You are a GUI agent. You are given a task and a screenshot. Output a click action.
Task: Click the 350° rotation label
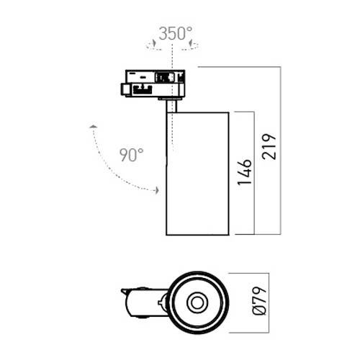176,33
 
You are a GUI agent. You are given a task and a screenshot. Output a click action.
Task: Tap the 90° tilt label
132,155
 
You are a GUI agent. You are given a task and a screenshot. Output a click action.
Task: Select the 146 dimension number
245,172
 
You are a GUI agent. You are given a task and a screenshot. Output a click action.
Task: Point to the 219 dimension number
269,147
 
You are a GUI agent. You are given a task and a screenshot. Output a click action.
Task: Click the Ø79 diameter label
259,300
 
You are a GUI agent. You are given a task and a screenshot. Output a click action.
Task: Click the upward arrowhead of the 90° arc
93,127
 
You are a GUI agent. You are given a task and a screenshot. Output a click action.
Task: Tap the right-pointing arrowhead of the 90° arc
157,190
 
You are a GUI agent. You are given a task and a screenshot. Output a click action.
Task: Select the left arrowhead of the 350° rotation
154,42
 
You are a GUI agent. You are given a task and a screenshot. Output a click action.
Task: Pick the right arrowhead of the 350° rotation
190,42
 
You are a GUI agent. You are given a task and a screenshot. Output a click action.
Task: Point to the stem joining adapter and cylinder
171,106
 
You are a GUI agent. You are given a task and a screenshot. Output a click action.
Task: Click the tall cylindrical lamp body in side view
197,174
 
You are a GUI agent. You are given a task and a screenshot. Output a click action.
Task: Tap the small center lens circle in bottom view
197,303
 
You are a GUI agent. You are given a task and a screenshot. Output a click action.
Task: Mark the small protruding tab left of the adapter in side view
124,89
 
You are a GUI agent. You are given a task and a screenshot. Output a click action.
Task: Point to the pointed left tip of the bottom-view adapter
122,290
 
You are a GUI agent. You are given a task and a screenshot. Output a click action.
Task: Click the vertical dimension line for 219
280,150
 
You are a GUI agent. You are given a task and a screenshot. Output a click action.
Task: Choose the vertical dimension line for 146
254,173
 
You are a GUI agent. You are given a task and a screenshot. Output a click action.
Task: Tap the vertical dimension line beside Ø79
269,303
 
